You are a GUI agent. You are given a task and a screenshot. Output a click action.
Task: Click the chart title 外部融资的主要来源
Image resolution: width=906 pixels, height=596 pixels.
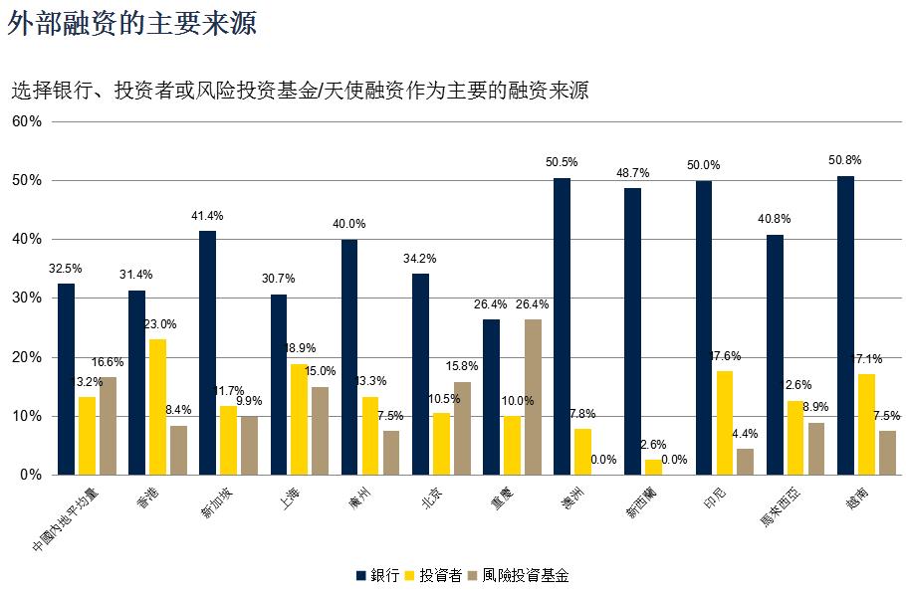pyautogui.click(x=131, y=24)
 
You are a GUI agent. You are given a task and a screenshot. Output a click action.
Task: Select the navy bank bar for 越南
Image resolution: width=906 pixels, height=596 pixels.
pyautogui.click(x=845, y=325)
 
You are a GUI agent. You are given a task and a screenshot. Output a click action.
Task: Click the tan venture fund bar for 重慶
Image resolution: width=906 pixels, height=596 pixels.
pyautogui.click(x=534, y=397)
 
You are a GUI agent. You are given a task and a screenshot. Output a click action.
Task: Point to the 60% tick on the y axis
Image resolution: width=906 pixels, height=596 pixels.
pyautogui.click(x=27, y=121)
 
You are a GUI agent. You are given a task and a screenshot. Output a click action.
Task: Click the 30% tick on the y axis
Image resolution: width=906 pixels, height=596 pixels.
pyautogui.click(x=27, y=298)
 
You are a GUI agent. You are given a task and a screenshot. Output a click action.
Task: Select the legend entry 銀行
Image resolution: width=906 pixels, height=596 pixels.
pyautogui.click(x=377, y=575)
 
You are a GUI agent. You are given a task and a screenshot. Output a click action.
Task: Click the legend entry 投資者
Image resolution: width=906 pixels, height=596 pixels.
pyautogui.click(x=433, y=575)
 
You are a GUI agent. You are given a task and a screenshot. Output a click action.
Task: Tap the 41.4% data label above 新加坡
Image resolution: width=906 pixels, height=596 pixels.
pyautogui.click(x=207, y=216)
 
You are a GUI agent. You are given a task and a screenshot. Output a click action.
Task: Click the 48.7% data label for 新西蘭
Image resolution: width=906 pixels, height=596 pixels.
pyautogui.click(x=632, y=172)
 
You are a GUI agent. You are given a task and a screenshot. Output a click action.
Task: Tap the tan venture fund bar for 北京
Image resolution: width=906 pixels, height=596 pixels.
pyautogui.click(x=463, y=428)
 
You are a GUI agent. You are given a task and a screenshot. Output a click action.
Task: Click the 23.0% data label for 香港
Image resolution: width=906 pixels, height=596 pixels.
pyautogui.click(x=159, y=324)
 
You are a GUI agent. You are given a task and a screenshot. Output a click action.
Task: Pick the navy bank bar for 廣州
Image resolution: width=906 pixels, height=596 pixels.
pyautogui.click(x=348, y=357)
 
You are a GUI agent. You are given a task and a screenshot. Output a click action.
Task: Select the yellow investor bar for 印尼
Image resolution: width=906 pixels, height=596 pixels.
pyautogui.click(x=725, y=423)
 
